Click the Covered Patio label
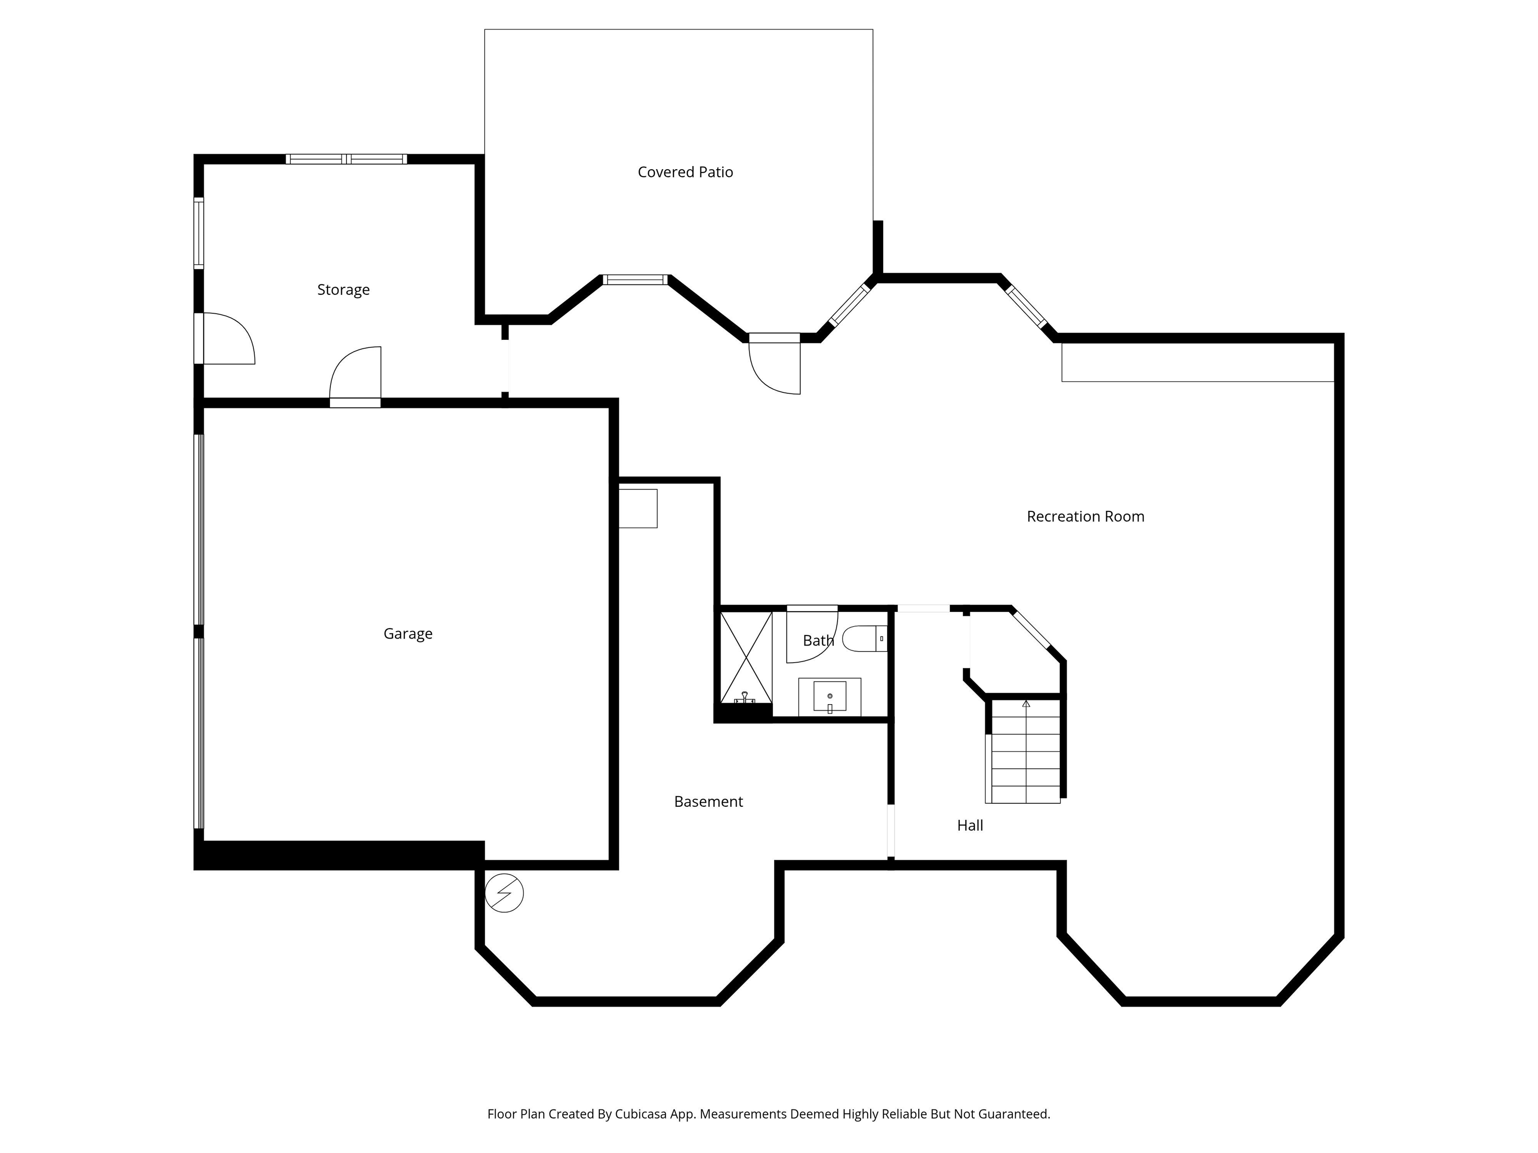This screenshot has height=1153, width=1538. click(685, 172)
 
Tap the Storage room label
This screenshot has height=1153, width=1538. click(343, 289)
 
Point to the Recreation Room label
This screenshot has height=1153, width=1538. click(1085, 516)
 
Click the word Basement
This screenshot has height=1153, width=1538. click(708, 801)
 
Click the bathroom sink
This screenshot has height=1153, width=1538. click(830, 697)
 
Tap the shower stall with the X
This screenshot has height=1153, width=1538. click(745, 657)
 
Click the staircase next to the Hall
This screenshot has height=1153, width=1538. click(1025, 751)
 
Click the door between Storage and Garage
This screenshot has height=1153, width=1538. click(355, 379)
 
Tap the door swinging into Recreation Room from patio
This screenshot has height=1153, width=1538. click(775, 365)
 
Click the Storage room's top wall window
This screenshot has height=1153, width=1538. click(346, 159)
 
